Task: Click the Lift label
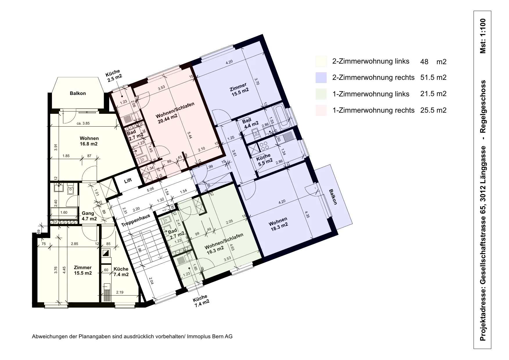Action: click(128, 181)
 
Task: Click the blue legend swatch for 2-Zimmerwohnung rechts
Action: click(321, 78)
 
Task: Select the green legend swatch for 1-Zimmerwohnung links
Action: click(321, 94)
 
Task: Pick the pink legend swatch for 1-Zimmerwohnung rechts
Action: click(321, 110)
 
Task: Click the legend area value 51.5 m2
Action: click(433, 78)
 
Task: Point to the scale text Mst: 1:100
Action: click(483, 36)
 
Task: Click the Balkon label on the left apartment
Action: click(78, 93)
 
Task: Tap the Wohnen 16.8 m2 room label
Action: click(89, 141)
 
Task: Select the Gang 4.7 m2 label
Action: click(89, 216)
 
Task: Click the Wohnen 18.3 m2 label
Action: click(279, 223)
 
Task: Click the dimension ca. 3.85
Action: click(83, 123)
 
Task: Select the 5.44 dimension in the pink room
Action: click(189, 135)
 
